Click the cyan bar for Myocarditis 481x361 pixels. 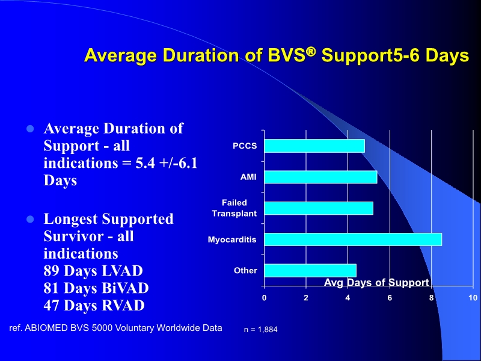coord(353,239)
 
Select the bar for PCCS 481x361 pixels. coord(314,146)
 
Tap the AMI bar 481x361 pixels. coord(320,177)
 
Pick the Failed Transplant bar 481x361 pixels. coord(319,208)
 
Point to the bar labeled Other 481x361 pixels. coord(310,271)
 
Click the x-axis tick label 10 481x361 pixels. coord(473,298)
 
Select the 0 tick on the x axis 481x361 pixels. coord(265,298)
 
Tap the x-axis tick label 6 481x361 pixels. coord(390,298)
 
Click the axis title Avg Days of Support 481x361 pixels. coord(376,283)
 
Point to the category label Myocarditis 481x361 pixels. coord(232,239)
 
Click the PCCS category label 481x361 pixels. coord(245,146)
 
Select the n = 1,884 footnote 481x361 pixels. coord(260,330)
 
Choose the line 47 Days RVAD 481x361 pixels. coord(94,306)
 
